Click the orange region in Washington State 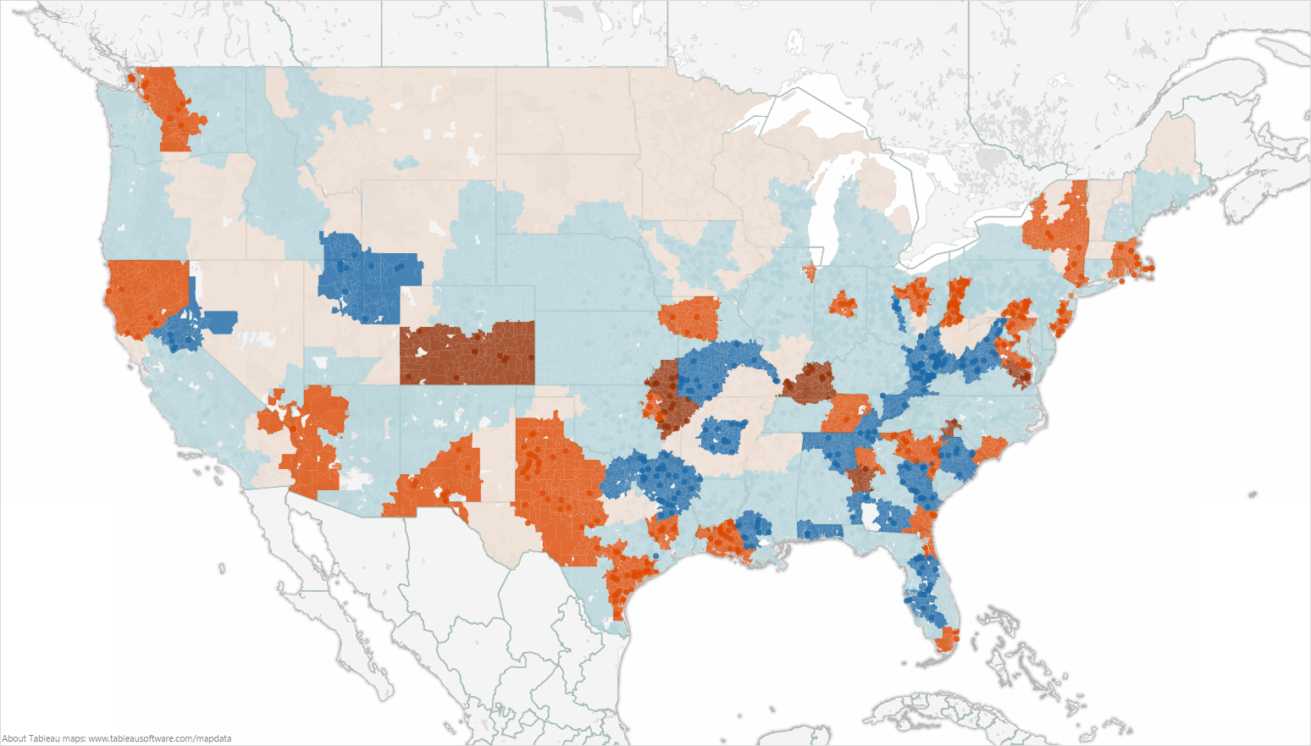click(169, 106)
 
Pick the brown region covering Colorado click(466, 354)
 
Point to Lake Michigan click(821, 212)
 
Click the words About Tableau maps click(43, 738)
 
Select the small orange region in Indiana click(843, 304)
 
